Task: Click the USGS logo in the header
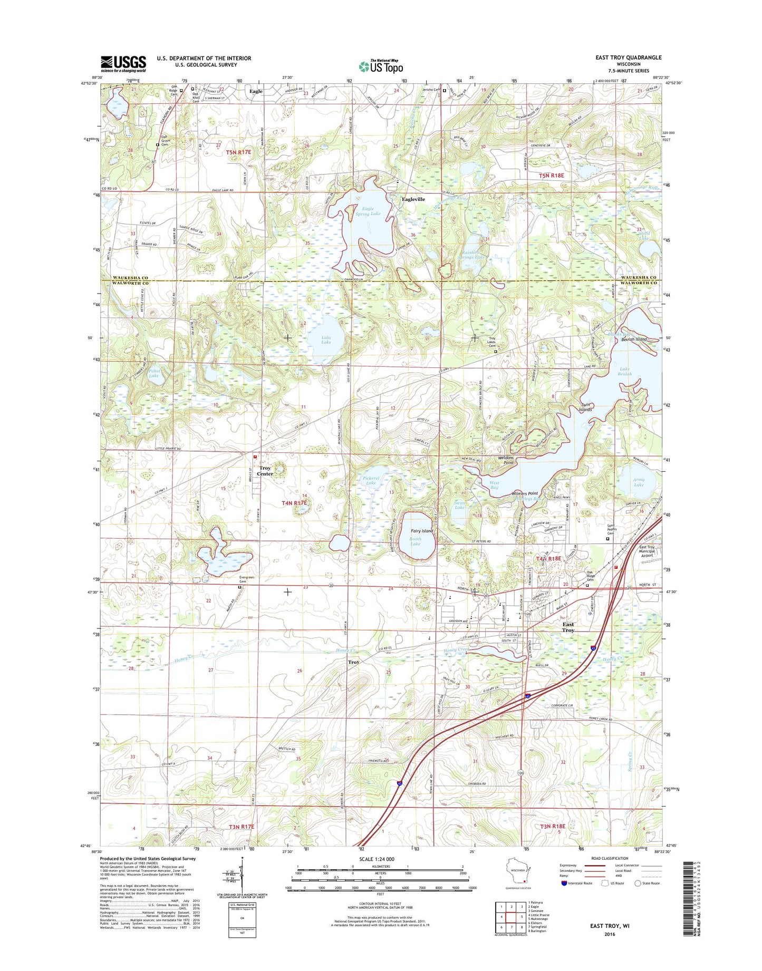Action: click(x=123, y=64)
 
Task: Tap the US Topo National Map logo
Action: click(x=381, y=66)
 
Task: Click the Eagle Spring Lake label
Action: click(x=368, y=211)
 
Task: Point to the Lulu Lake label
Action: click(x=326, y=339)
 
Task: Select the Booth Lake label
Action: click(x=416, y=541)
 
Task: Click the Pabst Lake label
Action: click(x=153, y=373)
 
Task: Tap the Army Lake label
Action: click(x=639, y=482)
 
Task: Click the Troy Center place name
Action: click(x=265, y=471)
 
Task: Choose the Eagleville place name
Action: click(x=413, y=199)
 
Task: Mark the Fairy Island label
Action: click(x=422, y=531)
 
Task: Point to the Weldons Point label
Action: click(x=506, y=460)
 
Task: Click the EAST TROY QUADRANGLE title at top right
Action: click(x=628, y=57)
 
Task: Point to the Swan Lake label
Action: click(x=459, y=504)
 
